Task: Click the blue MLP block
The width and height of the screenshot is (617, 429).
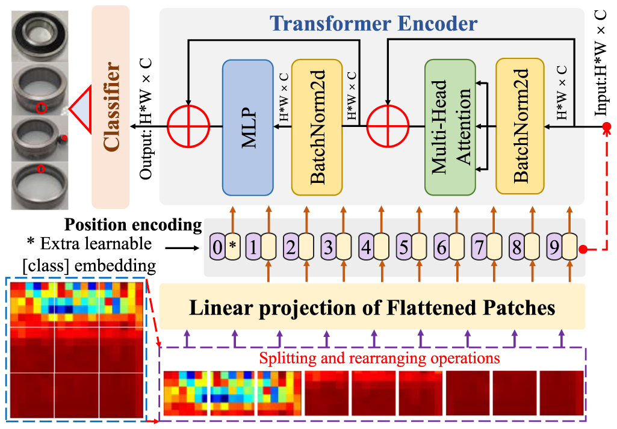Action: pyautogui.click(x=249, y=127)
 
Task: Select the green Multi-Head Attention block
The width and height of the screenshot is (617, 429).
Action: pyautogui.click(x=450, y=127)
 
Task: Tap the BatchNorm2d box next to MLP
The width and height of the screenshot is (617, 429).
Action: pyautogui.click(x=317, y=127)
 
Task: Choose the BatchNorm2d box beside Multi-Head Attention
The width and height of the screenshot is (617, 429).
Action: pyautogui.click(x=521, y=127)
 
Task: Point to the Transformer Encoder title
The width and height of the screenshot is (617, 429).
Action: pyautogui.click(x=373, y=23)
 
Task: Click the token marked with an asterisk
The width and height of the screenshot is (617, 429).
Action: pyautogui.click(x=233, y=246)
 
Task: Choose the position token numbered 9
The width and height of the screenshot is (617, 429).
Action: pyautogui.click(x=554, y=246)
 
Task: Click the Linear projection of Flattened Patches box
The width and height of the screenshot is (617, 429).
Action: pyautogui.click(x=372, y=309)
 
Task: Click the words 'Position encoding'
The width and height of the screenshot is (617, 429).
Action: pyautogui.click(x=133, y=225)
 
